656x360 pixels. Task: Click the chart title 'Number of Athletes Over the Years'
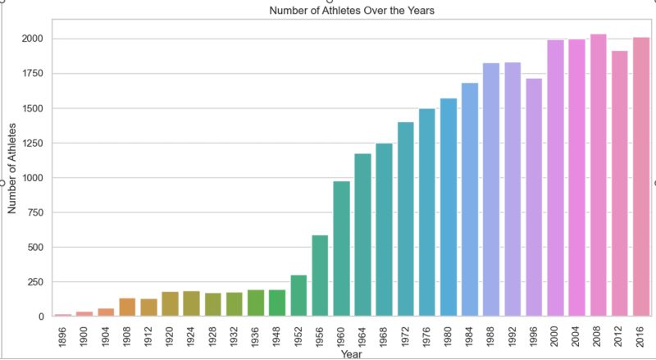point(346,11)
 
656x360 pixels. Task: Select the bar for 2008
point(598,175)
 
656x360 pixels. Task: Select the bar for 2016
point(640,176)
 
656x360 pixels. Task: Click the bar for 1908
point(127,307)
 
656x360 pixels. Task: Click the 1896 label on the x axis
point(63,336)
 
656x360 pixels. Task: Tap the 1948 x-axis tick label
point(277,336)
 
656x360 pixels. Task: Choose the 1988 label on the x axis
point(491,336)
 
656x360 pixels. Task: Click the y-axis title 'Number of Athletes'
point(12,167)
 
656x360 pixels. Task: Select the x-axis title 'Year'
point(351,353)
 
